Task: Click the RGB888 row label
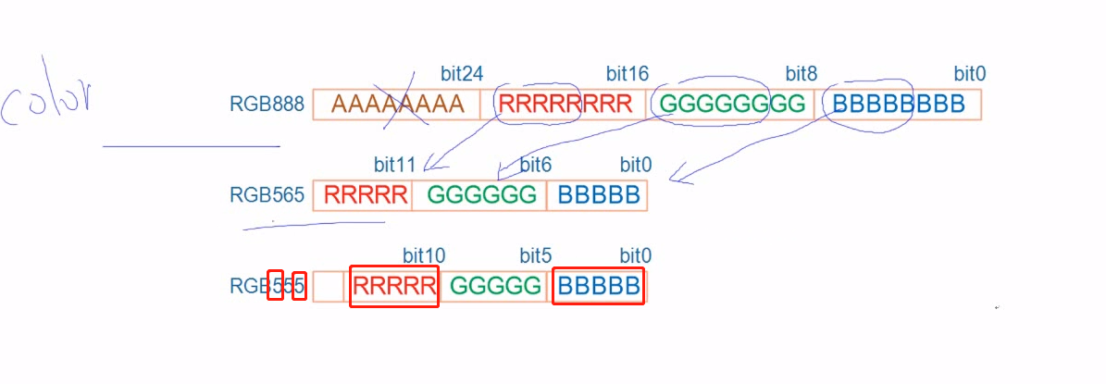coord(267,105)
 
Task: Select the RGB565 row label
coord(267,195)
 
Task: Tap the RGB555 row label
coord(267,287)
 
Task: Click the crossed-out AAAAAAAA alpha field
coord(397,104)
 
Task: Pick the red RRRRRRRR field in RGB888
coord(565,104)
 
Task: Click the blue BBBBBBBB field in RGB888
coord(898,104)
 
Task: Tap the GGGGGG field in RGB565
coord(481,195)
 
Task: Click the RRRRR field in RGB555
coord(394,287)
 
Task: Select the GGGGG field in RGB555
coord(494,287)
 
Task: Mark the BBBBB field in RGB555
coord(598,287)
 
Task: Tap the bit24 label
coord(462,74)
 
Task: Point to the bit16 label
coord(628,74)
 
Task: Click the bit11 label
coord(395,165)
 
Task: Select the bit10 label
coord(424,255)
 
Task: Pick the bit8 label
coord(802,74)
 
